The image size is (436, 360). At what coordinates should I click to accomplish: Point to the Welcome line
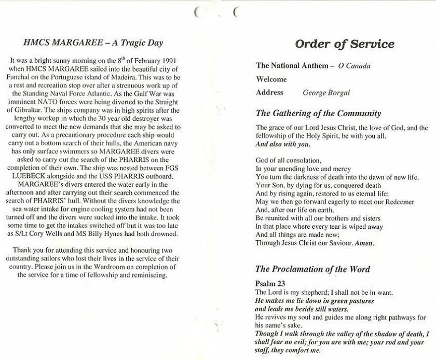(271, 79)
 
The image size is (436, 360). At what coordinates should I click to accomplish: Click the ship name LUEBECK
(33, 169)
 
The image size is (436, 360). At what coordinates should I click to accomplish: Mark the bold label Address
(270, 93)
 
